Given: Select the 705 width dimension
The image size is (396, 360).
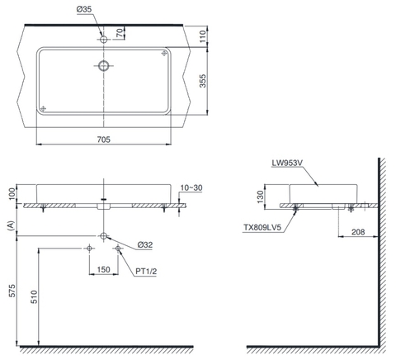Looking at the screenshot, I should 104,140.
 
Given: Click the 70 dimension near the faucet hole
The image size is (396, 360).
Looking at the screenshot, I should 120,33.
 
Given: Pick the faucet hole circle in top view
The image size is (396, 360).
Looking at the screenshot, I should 104,39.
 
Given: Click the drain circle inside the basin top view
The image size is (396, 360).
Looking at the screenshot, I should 104,65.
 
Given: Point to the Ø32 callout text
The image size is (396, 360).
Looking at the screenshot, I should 144,244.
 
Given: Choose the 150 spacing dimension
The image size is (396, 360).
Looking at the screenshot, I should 104,269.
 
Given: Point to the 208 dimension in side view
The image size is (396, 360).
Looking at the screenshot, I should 358,234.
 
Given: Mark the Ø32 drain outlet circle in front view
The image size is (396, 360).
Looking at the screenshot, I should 104,235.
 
